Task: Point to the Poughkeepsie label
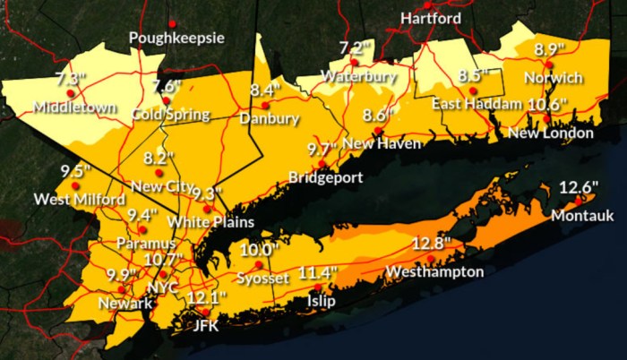pyautogui.click(x=176, y=38)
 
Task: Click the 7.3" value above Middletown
pyautogui.click(x=71, y=78)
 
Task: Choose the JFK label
pyautogui.click(x=206, y=326)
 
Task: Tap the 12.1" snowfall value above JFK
pyautogui.click(x=206, y=297)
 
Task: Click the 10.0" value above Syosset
pyautogui.click(x=259, y=250)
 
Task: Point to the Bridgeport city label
pyautogui.click(x=325, y=177)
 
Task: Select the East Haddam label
pyautogui.click(x=477, y=105)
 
